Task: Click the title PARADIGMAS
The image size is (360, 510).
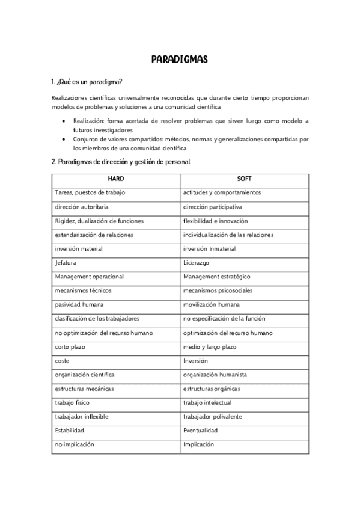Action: click(x=180, y=60)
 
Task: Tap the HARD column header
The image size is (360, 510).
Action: click(x=116, y=179)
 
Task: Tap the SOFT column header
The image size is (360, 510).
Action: click(x=245, y=179)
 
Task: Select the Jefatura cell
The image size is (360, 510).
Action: click(x=66, y=263)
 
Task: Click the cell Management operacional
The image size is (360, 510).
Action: click(x=89, y=277)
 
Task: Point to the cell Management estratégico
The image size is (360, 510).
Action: click(x=216, y=277)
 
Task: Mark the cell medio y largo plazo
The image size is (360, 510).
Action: click(x=210, y=347)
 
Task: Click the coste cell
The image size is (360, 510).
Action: click(x=63, y=361)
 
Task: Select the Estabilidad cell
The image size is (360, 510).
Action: click(x=69, y=431)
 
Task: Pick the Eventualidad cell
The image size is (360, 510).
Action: click(x=200, y=431)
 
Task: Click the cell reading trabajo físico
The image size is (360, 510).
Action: click(x=72, y=403)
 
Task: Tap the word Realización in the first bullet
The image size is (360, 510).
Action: click(x=88, y=121)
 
